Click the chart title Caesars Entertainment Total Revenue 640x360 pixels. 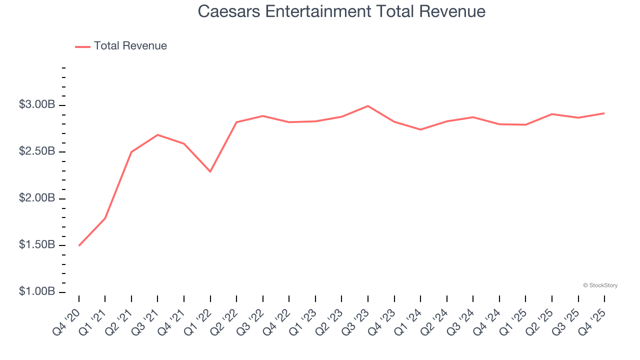[341, 11]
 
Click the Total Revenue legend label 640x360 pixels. [130, 46]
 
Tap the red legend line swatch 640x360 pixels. [82, 46]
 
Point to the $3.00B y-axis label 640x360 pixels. [37, 105]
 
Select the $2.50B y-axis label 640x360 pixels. [37, 152]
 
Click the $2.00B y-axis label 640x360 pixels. [37, 198]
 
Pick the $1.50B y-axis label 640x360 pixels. [37, 245]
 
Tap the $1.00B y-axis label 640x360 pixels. [37, 292]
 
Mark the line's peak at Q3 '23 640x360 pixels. [368, 106]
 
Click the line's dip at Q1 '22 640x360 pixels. [210, 171]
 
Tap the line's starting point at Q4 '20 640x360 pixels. [79, 245]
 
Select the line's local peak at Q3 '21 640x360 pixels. [157, 135]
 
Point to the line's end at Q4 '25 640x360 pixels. [604, 113]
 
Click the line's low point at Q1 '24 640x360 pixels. [420, 129]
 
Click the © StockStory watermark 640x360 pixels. [600, 285]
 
